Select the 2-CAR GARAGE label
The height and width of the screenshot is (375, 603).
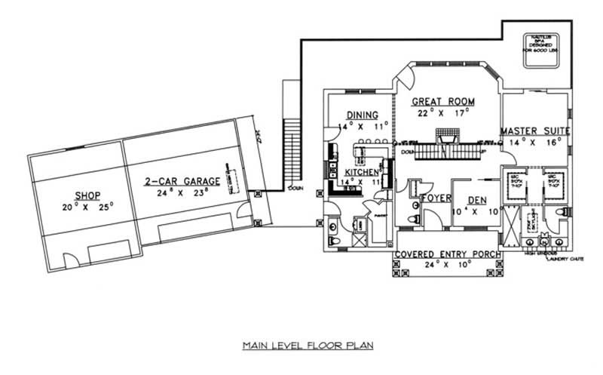182,181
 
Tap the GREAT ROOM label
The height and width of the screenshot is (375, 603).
444,101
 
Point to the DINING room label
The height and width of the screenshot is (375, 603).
362,115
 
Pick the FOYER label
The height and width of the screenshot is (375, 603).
436,198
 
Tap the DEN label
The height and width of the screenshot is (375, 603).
477,200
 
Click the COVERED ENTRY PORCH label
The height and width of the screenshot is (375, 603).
448,255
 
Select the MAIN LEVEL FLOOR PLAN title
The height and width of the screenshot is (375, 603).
308,346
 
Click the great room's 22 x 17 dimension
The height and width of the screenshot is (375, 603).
444,112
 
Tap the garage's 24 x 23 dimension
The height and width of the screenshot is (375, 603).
182,193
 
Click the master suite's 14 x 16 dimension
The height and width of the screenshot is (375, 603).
535,142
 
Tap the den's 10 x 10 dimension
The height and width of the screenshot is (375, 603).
477,211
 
